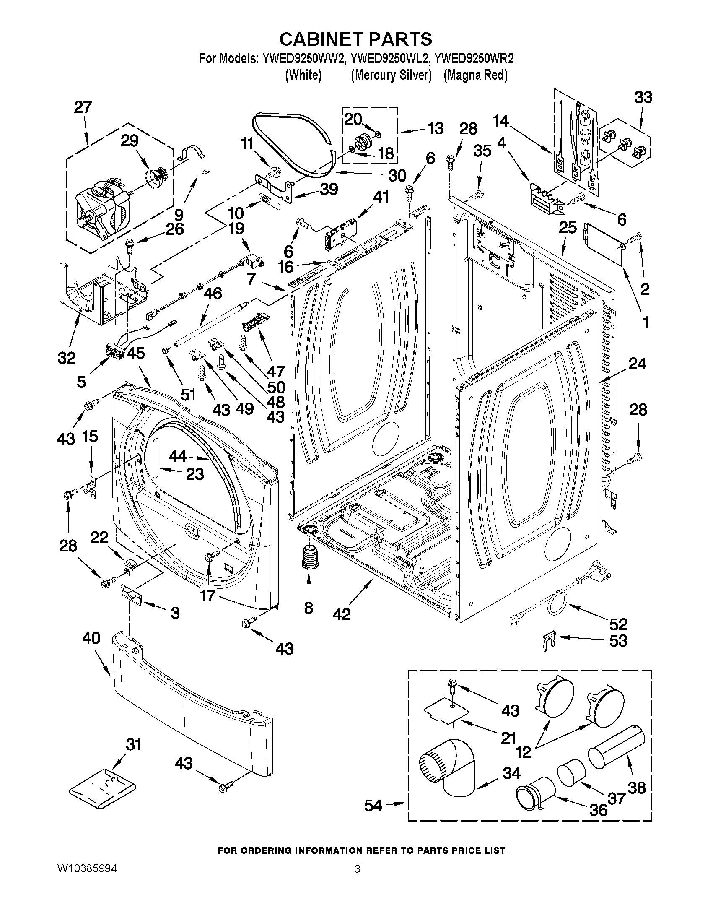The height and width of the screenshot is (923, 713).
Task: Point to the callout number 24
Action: [x=637, y=363]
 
